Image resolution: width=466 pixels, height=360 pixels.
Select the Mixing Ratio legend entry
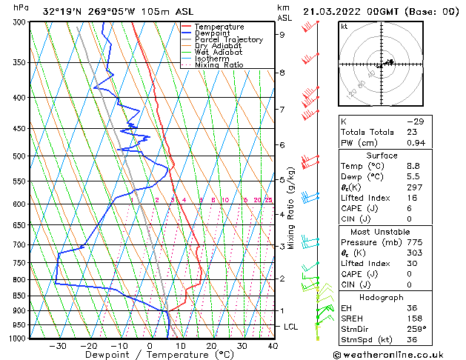[x=220, y=65]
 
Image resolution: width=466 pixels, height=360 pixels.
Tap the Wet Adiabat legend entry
[x=220, y=53]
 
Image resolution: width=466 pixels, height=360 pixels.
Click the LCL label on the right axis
[x=292, y=327]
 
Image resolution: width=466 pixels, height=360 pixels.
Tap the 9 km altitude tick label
[x=282, y=34]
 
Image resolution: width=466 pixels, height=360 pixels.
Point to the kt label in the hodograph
[x=344, y=27]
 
